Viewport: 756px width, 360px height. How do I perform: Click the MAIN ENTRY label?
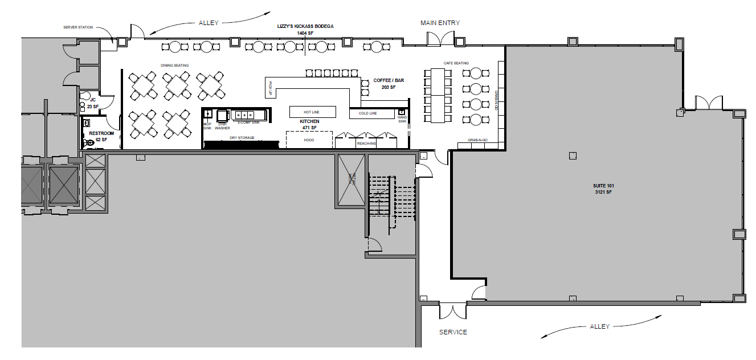coord(440,23)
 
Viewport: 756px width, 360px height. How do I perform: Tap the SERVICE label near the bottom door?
coord(453,332)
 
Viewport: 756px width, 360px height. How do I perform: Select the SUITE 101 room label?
coord(603,186)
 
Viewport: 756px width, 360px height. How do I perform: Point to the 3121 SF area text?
coord(603,193)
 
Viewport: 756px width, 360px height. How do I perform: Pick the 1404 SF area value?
coord(305,34)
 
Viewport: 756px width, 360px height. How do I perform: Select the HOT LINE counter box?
coord(312,112)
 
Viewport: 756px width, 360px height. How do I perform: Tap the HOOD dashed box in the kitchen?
coord(309,140)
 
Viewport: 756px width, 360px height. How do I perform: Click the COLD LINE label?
coord(367,113)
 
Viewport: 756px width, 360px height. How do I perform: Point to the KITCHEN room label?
coord(309,122)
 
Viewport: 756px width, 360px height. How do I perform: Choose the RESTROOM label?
coord(101,133)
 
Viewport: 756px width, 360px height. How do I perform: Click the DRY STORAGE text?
coord(242,138)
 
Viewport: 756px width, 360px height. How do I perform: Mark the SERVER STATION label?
coord(78,27)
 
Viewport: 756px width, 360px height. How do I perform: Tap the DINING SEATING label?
coord(174,66)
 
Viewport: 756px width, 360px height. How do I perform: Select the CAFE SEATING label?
coord(456,63)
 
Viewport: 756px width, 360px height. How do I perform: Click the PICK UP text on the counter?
coord(270,88)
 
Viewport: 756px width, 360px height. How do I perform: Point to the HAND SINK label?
coord(402,119)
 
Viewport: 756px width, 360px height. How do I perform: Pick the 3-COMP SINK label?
coord(248,122)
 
